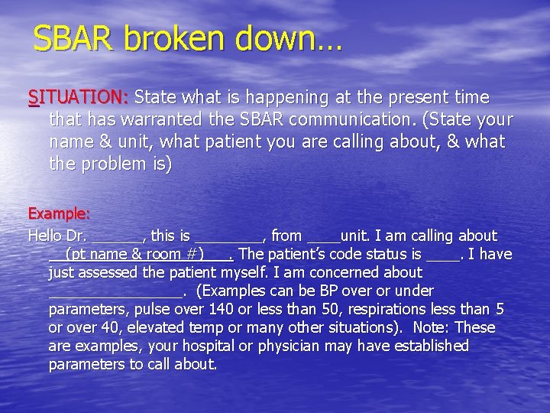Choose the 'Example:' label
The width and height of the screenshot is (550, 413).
tap(59, 213)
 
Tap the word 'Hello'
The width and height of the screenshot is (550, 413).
tap(47, 236)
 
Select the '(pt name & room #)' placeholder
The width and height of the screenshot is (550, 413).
tap(134, 254)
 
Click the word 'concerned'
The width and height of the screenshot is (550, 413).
tap(344, 272)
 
